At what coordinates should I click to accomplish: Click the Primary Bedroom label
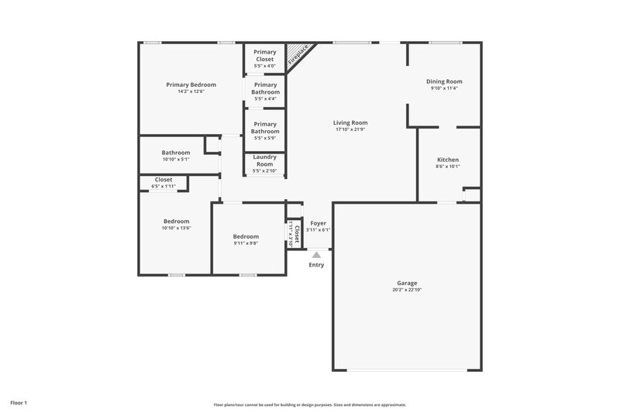click(x=191, y=84)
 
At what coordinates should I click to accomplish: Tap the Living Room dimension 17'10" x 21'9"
click(x=350, y=129)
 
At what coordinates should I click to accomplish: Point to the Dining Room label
click(x=444, y=81)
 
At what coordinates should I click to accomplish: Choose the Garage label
click(x=408, y=284)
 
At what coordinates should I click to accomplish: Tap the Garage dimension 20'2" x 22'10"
click(x=408, y=291)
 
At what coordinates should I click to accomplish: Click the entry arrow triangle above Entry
click(x=316, y=253)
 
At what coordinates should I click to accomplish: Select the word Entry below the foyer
click(x=316, y=265)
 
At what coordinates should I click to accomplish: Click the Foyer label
click(x=318, y=223)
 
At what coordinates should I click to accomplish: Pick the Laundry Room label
click(x=264, y=160)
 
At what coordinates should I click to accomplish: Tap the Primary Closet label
click(x=265, y=56)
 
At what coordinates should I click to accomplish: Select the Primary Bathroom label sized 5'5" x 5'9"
click(x=265, y=127)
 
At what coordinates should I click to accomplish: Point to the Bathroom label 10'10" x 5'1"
click(x=175, y=153)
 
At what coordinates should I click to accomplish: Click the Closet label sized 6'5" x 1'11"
click(x=164, y=180)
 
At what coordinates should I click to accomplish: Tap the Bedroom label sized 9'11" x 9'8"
click(x=246, y=236)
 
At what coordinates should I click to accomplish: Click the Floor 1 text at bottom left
click(x=19, y=403)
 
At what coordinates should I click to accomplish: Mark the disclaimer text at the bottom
click(x=310, y=404)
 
